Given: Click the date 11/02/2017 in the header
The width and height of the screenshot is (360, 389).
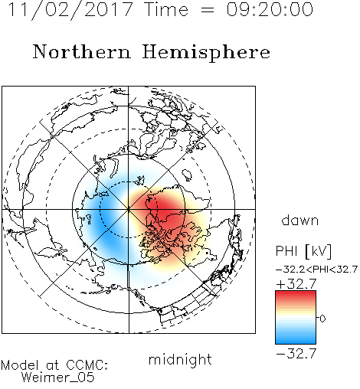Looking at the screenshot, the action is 70,10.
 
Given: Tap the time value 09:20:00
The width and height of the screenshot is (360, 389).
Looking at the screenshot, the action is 270,10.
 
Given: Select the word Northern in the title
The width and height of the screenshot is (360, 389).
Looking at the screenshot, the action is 82,51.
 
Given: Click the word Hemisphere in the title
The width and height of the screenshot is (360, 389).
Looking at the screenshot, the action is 206,53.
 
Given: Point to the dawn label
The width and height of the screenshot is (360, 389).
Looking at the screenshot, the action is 300,220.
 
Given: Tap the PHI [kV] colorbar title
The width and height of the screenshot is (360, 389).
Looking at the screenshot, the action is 304,251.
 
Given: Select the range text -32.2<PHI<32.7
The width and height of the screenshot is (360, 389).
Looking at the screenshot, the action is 316,270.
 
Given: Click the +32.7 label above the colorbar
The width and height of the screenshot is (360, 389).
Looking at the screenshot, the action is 296,283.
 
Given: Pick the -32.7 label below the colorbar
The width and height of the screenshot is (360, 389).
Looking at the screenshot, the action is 296,353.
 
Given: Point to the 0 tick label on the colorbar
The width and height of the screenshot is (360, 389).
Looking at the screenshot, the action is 322,319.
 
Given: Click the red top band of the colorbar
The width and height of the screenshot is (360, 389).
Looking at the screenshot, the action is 296,294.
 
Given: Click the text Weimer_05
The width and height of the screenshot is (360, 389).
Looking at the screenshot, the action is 58,377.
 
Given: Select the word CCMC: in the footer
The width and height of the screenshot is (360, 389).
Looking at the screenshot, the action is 87,365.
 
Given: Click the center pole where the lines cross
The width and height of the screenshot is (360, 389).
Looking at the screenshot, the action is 129,209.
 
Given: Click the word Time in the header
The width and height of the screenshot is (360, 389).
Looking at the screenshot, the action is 166,10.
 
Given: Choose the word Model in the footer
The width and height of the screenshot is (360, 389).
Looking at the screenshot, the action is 20,365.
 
